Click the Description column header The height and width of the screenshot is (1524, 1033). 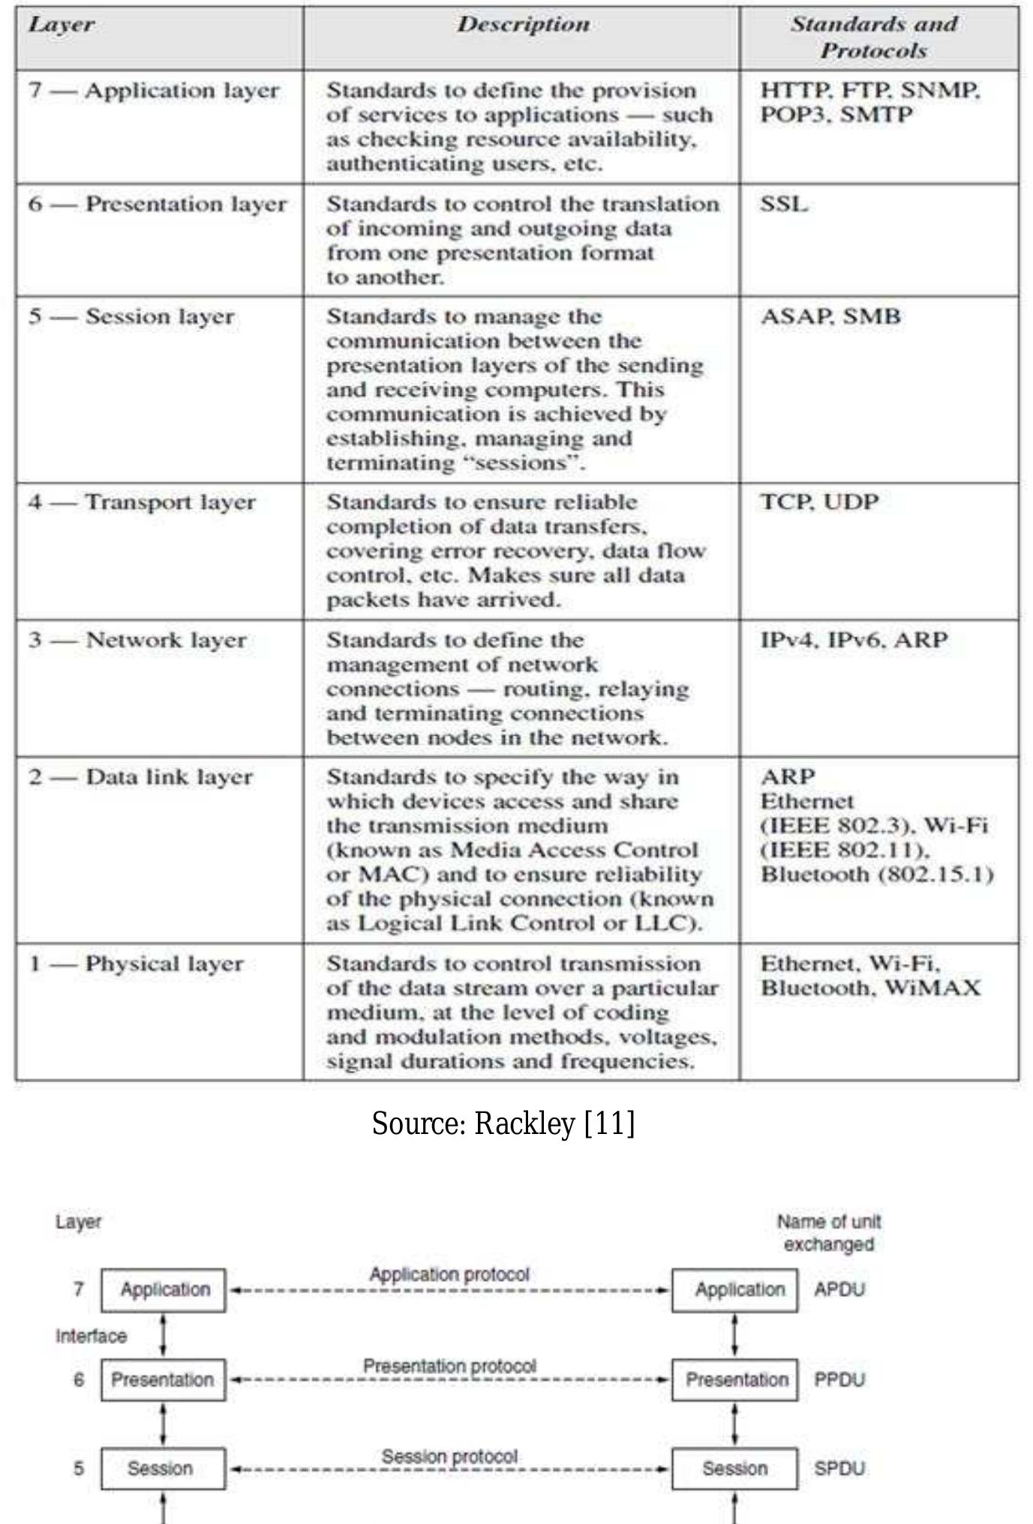(523, 25)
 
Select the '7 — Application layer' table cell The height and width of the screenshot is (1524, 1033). (154, 91)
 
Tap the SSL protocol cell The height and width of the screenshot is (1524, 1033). (784, 204)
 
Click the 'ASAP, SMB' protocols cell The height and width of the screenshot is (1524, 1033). (830, 316)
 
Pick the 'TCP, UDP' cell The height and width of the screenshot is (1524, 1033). (818, 502)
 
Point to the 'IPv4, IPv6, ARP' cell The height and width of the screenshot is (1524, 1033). (854, 640)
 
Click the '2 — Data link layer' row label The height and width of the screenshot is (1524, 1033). (141, 777)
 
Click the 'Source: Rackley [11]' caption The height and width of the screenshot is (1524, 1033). (503, 1123)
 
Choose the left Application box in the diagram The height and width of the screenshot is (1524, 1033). (164, 1290)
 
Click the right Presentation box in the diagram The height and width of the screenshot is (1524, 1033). (735, 1380)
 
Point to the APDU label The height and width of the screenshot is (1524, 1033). (839, 1290)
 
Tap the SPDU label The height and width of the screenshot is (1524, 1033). (839, 1468)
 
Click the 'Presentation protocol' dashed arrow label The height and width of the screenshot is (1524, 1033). (449, 1366)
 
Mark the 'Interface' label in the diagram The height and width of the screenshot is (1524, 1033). (91, 1336)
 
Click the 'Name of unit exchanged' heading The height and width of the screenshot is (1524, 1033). (828, 1233)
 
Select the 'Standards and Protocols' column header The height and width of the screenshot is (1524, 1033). (874, 37)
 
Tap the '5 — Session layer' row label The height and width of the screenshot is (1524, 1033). (132, 316)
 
